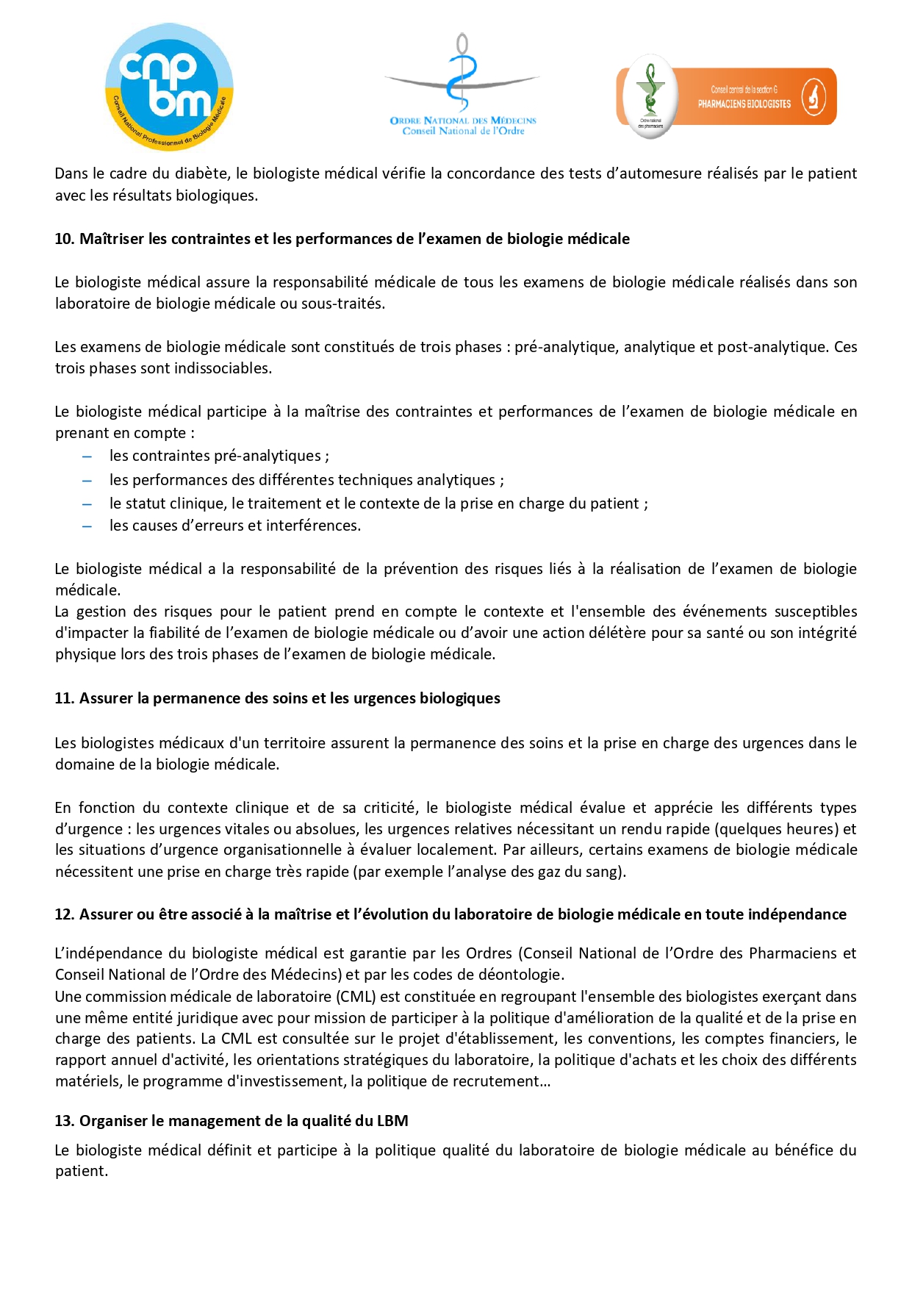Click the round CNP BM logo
pyautogui.click(x=169, y=87)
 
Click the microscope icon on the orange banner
pyautogui.click(x=813, y=97)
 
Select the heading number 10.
pyautogui.click(x=64, y=239)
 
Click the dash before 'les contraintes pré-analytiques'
pyautogui.click(x=87, y=456)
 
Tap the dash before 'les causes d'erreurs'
pyautogui.click(x=87, y=526)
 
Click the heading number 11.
pyautogui.click(x=64, y=698)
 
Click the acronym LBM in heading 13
pyautogui.click(x=392, y=1122)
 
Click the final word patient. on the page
pyautogui.click(x=81, y=1172)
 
